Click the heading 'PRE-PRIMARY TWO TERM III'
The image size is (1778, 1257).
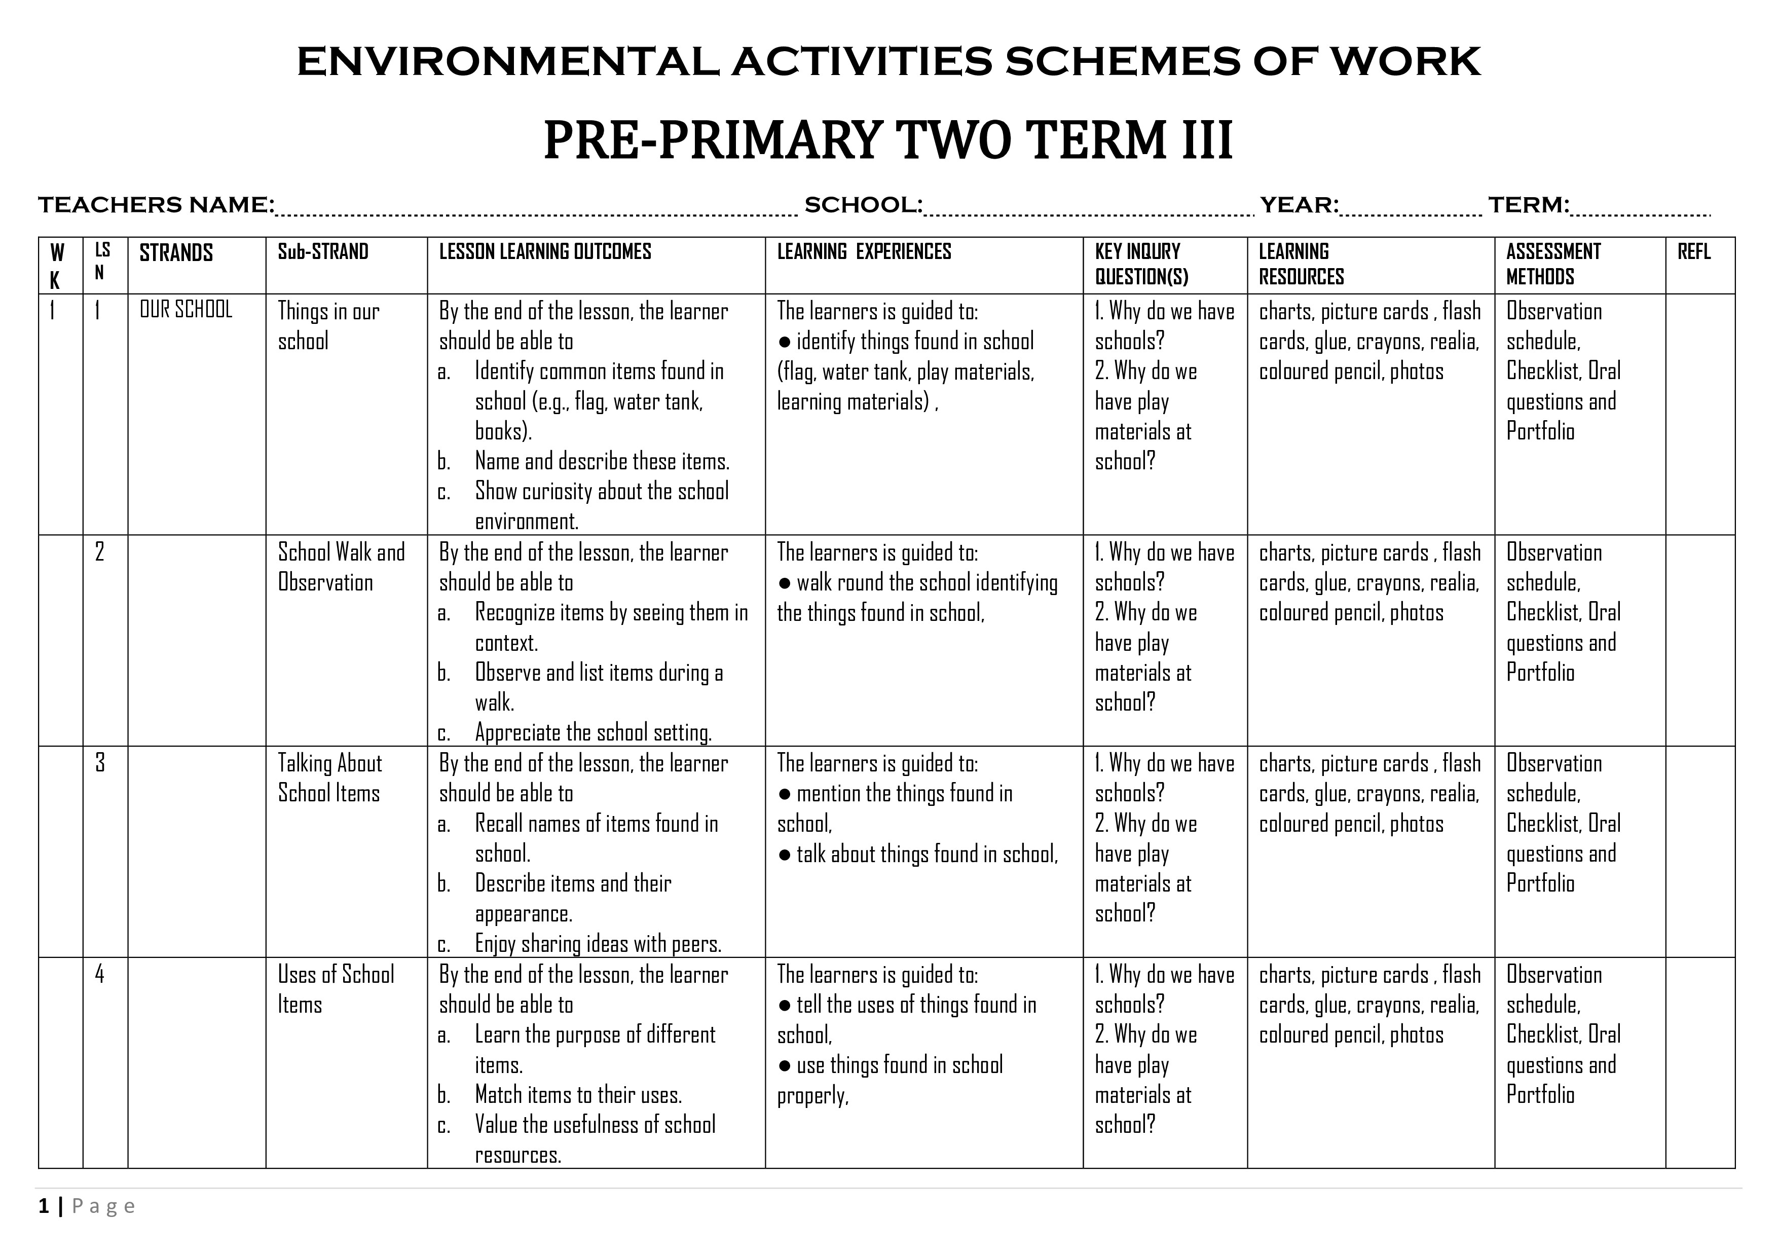(x=887, y=140)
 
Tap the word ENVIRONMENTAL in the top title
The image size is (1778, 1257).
(x=507, y=62)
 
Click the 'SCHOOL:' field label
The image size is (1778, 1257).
(x=863, y=205)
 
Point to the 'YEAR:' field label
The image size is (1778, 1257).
(x=1299, y=205)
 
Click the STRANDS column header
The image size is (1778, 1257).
(x=176, y=253)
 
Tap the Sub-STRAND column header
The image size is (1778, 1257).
(x=323, y=252)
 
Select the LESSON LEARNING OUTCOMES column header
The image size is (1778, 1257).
(x=545, y=252)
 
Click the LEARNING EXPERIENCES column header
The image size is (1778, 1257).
(x=864, y=252)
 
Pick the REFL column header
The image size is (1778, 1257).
(x=1693, y=252)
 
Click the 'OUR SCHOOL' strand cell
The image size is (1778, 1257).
(x=186, y=310)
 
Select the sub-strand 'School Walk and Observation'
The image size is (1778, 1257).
(x=341, y=567)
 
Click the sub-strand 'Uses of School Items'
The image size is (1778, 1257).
(x=336, y=989)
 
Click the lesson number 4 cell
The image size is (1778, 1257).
(x=100, y=974)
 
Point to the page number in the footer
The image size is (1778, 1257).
(x=44, y=1206)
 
